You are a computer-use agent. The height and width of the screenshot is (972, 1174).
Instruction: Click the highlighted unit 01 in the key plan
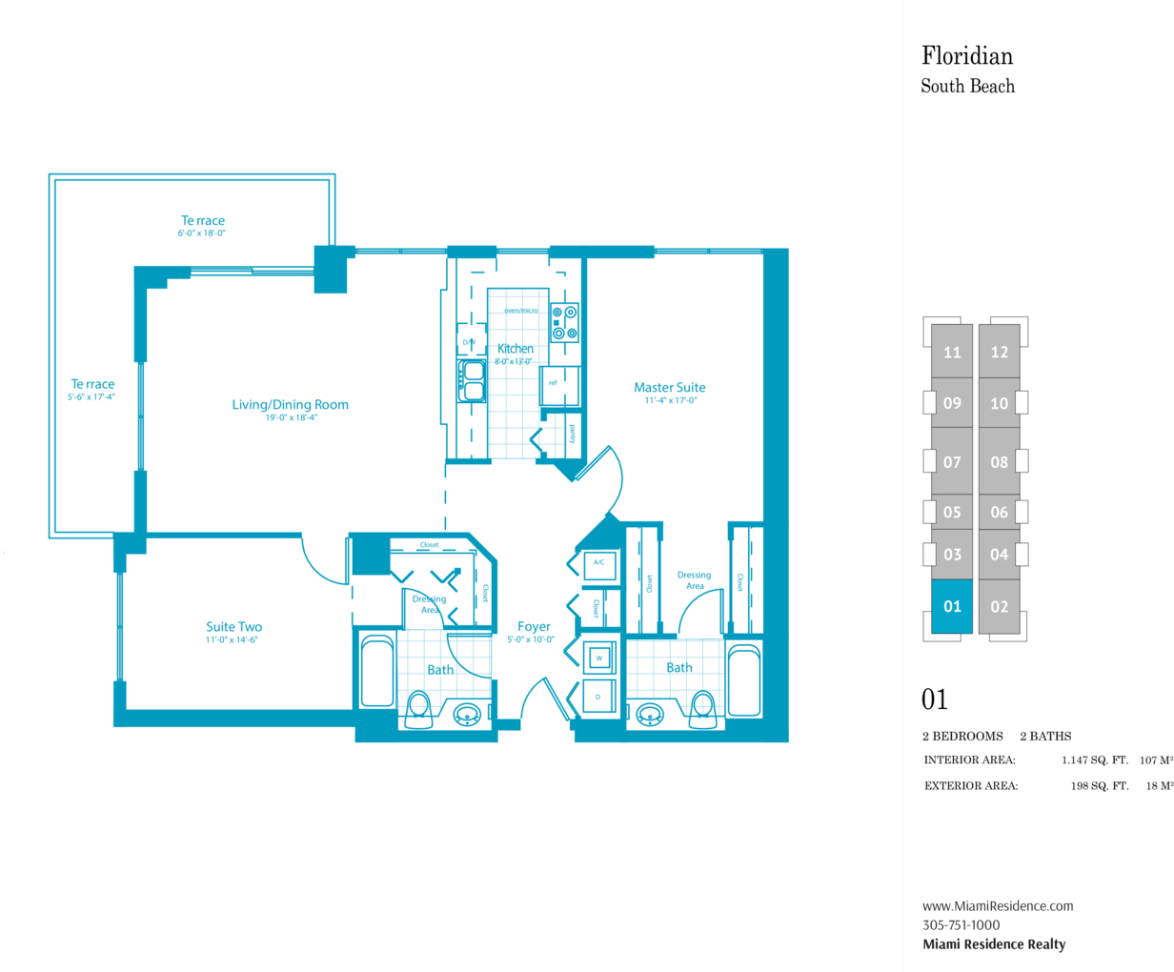click(952, 607)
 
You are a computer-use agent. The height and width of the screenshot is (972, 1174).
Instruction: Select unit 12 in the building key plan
click(999, 352)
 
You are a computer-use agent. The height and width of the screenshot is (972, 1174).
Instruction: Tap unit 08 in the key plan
click(999, 461)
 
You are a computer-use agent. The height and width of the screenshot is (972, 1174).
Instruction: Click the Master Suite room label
click(670, 387)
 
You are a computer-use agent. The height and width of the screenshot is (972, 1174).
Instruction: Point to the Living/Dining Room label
click(290, 405)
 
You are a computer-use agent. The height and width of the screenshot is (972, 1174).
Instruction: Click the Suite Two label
click(233, 627)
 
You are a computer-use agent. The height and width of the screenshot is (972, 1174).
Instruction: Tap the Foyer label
click(534, 627)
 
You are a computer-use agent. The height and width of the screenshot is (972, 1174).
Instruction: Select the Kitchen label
click(515, 349)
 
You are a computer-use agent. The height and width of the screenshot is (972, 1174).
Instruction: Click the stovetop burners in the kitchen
click(564, 323)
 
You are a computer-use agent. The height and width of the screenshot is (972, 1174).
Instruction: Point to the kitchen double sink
click(472, 381)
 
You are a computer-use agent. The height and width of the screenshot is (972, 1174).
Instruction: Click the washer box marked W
click(599, 658)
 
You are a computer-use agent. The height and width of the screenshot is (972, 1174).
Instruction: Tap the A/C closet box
click(599, 565)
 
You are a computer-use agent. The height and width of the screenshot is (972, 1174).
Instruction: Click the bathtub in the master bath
click(744, 680)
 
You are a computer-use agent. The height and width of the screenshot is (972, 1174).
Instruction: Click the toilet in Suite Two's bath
click(417, 709)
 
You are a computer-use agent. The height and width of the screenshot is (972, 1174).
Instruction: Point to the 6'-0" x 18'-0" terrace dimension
click(201, 233)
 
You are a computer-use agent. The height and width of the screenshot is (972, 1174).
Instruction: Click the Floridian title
click(967, 56)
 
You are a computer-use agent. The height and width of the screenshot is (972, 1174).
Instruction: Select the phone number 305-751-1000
click(961, 924)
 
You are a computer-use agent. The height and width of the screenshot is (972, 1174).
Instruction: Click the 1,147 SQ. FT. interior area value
click(1095, 760)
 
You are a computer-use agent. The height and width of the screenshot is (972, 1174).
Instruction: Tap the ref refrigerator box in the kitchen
click(559, 386)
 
